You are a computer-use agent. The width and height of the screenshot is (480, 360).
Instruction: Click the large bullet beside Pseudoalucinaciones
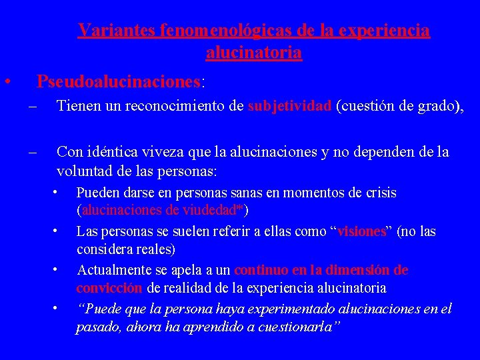[x=6, y=82]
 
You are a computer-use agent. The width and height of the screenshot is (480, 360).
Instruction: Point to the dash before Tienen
[x=33, y=106]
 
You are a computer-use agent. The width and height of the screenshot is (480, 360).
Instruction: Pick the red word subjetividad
[x=289, y=105]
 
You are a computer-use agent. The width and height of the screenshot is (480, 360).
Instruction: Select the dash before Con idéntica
[x=33, y=153]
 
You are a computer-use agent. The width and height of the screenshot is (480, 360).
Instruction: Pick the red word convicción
[x=109, y=288]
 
